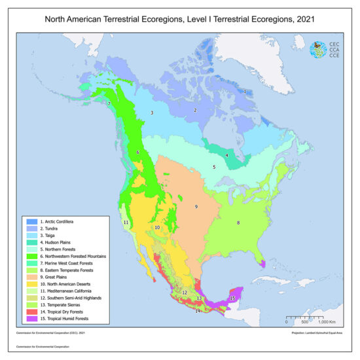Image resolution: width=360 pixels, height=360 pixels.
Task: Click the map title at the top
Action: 180,20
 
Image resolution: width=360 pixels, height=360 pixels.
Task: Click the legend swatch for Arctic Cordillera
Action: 27,223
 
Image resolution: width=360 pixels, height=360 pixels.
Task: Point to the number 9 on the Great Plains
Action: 196,207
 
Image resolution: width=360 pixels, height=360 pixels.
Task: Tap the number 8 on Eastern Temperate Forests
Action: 238,223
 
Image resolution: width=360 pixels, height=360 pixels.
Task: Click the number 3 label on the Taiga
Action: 152,113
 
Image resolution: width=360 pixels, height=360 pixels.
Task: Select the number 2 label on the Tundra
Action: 195,110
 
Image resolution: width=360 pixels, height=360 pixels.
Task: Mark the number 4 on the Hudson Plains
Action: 226,155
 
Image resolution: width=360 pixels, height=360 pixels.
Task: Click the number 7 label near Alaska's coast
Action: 109,104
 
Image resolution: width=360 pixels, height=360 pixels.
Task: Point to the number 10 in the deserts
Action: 157,227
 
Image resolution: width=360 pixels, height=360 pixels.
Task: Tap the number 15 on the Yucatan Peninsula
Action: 232,298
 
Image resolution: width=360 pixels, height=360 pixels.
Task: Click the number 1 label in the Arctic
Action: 244,92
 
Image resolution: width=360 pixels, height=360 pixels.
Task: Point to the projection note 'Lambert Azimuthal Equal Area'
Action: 319,333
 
